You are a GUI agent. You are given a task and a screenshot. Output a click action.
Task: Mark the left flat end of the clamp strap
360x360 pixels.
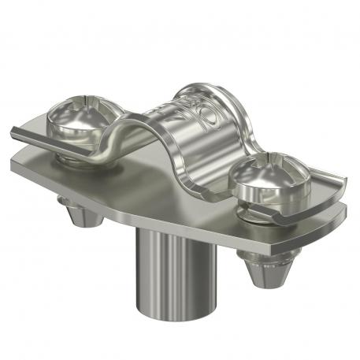[32, 134]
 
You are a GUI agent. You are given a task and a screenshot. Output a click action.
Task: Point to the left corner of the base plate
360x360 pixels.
[14, 161]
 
